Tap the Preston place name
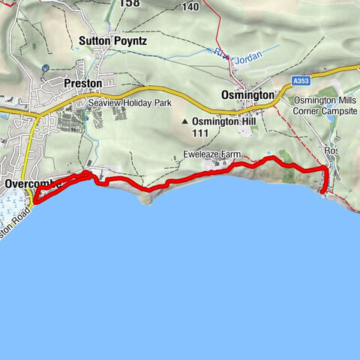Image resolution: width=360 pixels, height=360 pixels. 82,83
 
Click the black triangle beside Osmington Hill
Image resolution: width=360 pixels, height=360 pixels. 184,121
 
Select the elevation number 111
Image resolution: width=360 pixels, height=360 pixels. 199,133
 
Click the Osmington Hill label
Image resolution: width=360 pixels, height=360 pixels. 219,121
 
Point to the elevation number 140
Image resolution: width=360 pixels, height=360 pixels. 190,7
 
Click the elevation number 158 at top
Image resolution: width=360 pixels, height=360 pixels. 130,3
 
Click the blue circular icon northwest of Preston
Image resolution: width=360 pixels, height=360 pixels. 46,67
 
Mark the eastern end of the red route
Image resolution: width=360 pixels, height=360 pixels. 322,192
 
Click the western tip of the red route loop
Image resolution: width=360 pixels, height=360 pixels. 34,201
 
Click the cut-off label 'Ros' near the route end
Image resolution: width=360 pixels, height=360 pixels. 331,151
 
